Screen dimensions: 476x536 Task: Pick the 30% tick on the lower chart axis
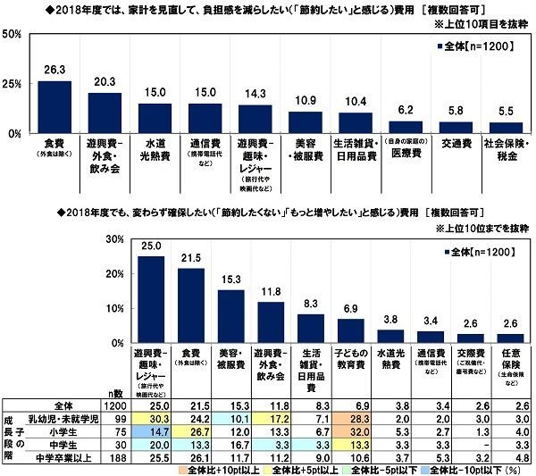pos(111,239)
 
